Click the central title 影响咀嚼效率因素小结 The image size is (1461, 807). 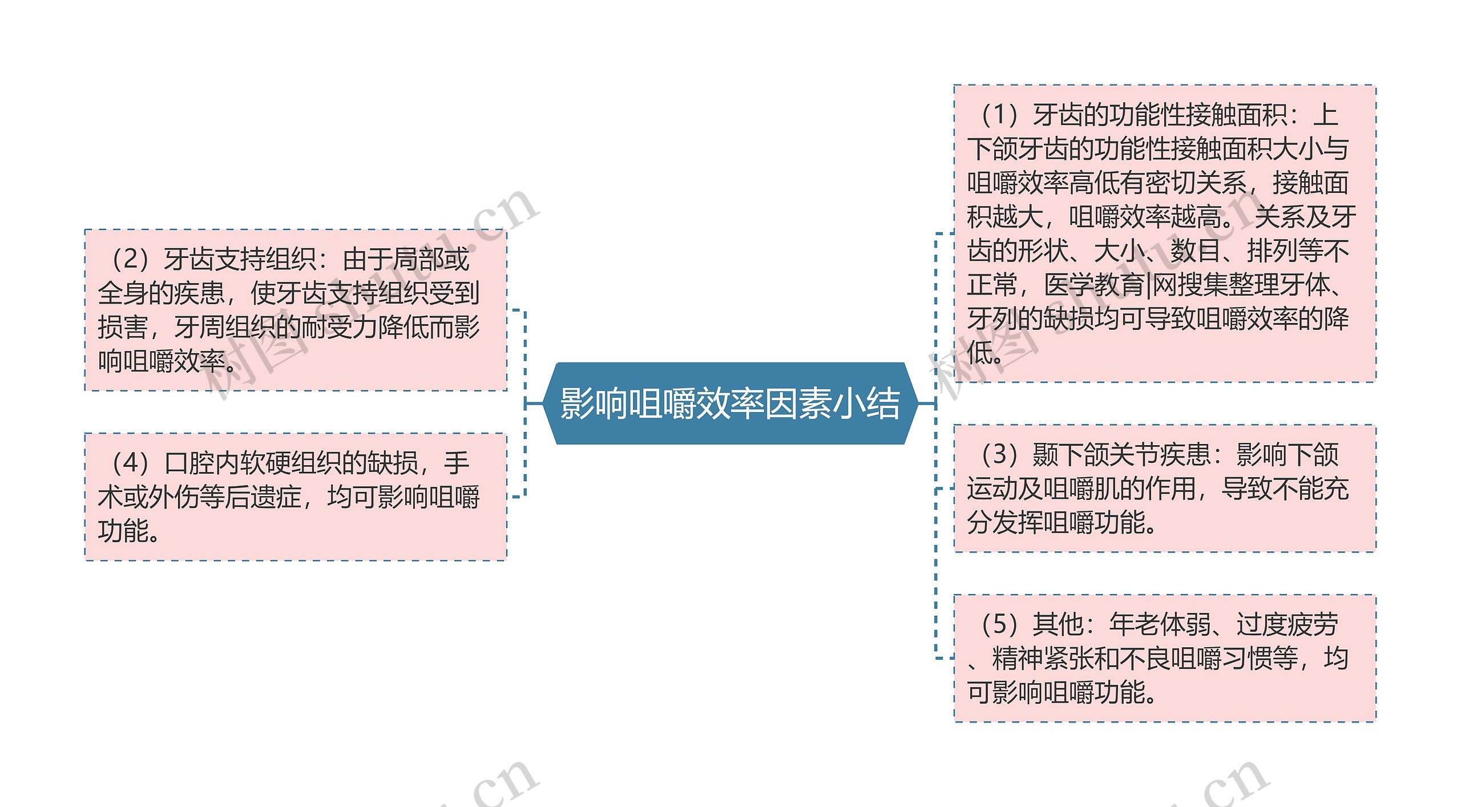click(730, 403)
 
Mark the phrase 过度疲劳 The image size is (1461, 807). click(1287, 624)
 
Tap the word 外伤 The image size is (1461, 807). click(162, 497)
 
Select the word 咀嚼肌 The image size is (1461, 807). click(1081, 489)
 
